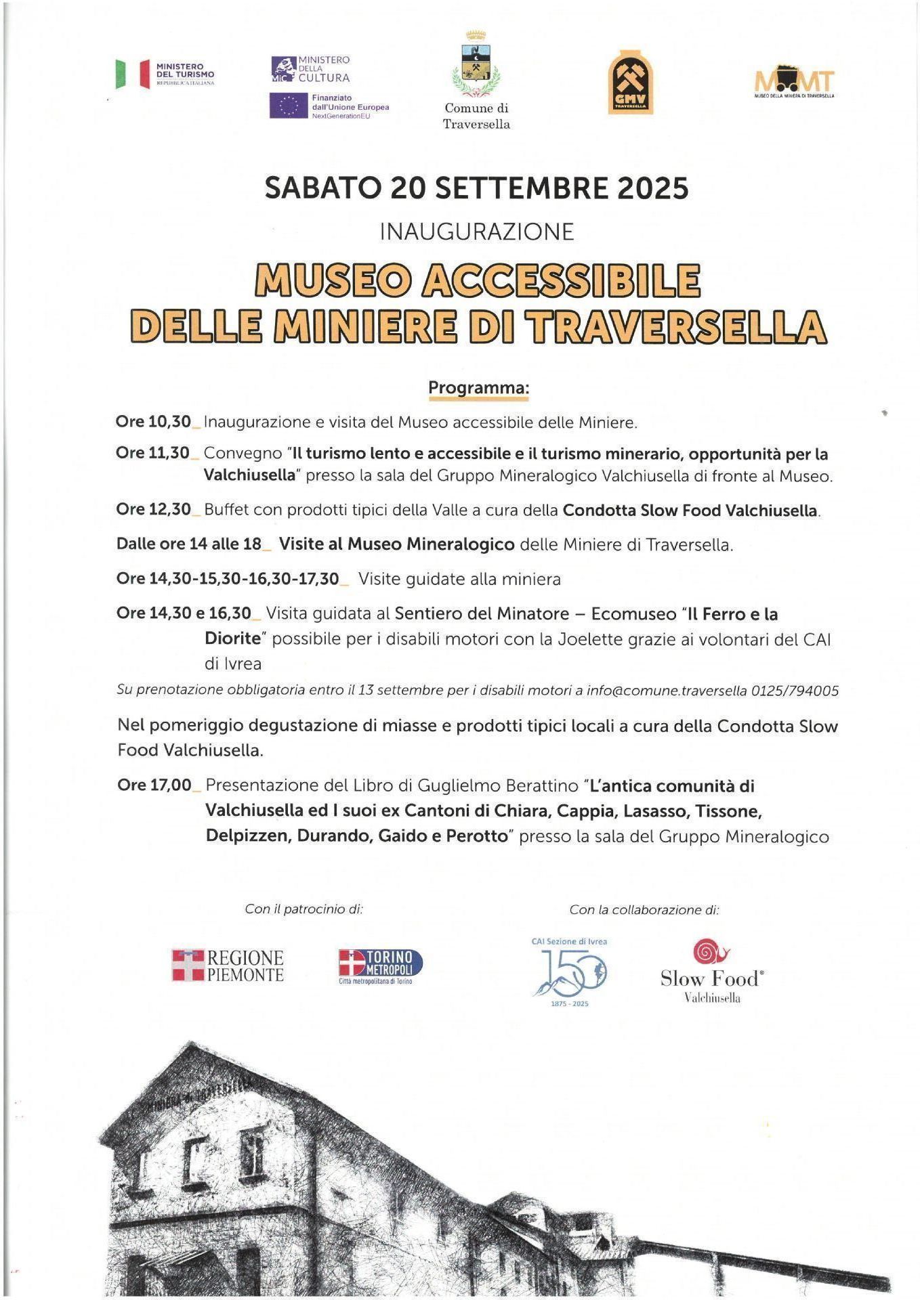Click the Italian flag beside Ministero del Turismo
pyautogui.click(x=133, y=74)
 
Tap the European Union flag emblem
pyautogui.click(x=289, y=106)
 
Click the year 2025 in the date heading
pyautogui.click(x=652, y=188)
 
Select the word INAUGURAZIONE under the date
pyautogui.click(x=476, y=232)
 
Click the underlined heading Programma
pyautogui.click(x=478, y=388)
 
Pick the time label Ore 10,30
pyautogui.click(x=153, y=421)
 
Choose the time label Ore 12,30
pyautogui.click(x=154, y=509)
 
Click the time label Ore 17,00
pyautogui.click(x=154, y=785)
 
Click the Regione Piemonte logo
pyautogui.click(x=228, y=965)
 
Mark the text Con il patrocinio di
pyautogui.click(x=304, y=909)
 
